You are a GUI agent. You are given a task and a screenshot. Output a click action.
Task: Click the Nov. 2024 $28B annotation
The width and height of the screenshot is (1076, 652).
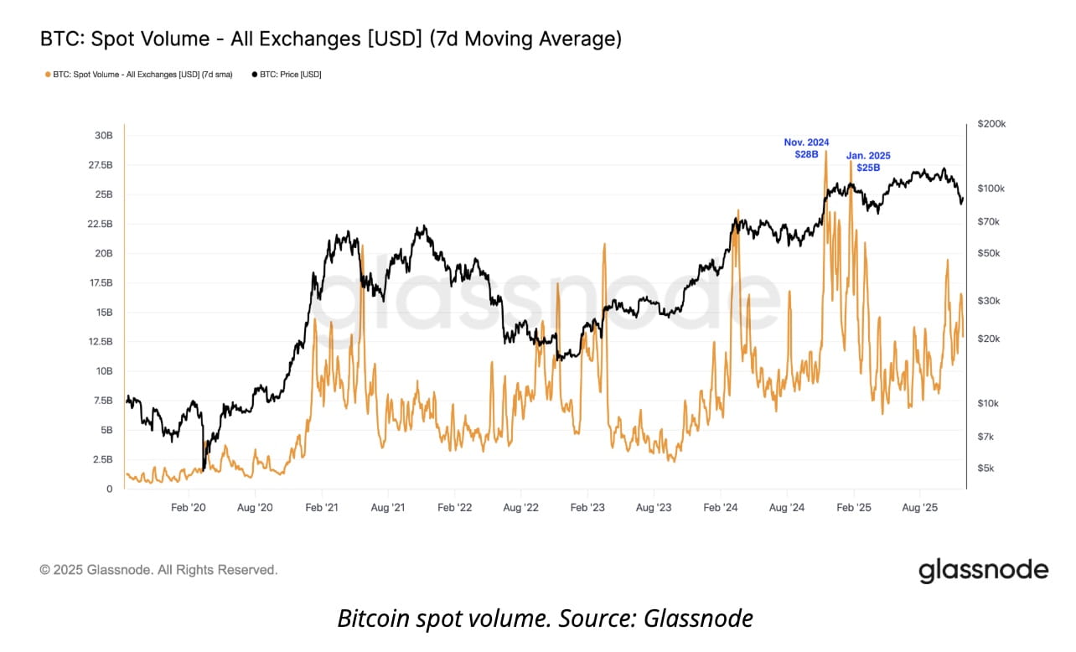[805, 148]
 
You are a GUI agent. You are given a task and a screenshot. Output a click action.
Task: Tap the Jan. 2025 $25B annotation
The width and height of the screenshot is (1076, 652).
[868, 162]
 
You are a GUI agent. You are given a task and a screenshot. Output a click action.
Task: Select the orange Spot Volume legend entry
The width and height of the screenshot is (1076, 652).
[138, 75]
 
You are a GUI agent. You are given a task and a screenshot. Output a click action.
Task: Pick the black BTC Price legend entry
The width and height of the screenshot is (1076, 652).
[286, 75]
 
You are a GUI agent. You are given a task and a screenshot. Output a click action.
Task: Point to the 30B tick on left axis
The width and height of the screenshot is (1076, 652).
[104, 136]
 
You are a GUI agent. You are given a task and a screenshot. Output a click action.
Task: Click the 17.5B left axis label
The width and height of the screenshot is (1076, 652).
[101, 283]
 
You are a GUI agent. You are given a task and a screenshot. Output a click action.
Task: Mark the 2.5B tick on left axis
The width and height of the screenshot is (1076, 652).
[102, 459]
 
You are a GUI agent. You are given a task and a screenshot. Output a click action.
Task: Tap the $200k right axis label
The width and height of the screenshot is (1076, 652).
[992, 124]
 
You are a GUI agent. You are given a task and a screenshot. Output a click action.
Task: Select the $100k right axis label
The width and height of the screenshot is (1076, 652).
[992, 189]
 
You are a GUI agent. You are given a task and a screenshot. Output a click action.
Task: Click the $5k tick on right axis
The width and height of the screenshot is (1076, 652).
[987, 468]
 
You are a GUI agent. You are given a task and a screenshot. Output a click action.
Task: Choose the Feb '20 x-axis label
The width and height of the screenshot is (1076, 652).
[188, 508]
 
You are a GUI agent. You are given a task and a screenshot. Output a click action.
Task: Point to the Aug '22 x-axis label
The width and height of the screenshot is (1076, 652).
[520, 508]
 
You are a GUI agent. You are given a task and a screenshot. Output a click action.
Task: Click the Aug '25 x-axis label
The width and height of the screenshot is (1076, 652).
[919, 508]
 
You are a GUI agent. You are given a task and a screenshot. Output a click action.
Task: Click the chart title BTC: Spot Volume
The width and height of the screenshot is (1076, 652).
[330, 39]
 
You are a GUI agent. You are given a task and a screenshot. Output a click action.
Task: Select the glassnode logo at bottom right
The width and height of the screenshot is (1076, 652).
[983, 571]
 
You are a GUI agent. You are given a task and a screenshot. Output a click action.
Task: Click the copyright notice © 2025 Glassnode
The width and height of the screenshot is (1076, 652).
[158, 570]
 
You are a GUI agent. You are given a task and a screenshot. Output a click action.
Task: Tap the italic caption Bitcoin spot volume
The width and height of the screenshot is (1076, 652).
[545, 619]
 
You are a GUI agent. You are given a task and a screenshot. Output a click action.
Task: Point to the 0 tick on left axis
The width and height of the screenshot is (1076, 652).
[108, 489]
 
